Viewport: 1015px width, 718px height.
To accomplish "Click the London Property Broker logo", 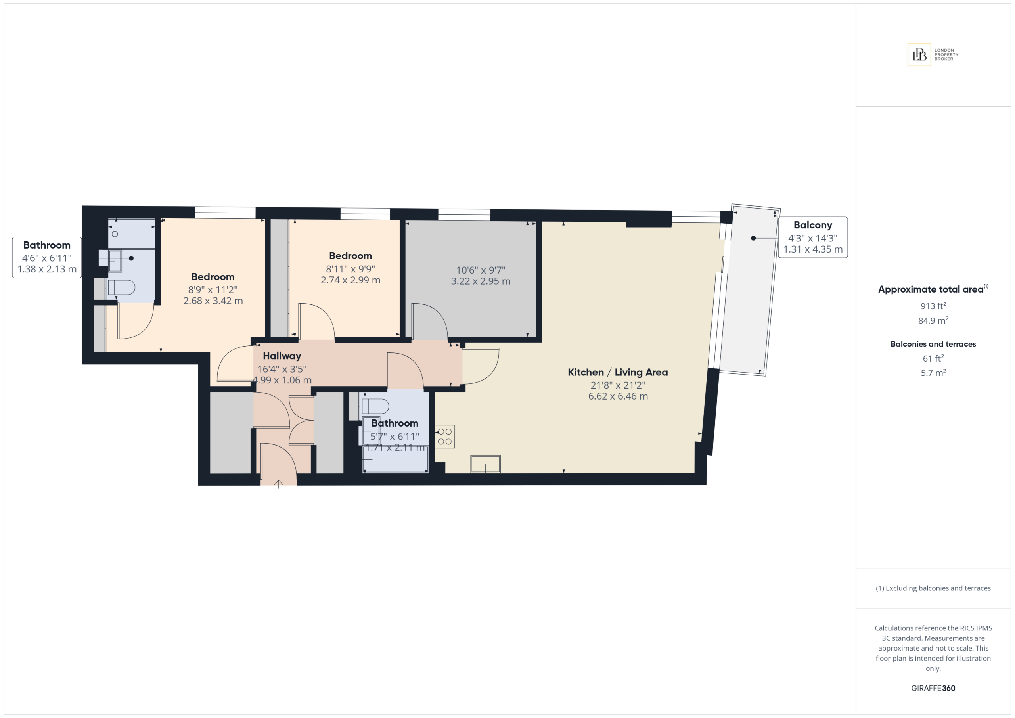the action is pos(933,55).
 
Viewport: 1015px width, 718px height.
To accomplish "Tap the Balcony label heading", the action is pos(812,225).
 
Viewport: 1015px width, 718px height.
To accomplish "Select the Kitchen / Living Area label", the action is pos(618,372).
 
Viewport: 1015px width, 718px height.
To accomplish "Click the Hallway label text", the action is pos(282,356).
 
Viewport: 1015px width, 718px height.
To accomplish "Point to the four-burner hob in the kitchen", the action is pos(445,437).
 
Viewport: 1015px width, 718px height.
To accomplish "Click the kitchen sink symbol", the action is pos(485,464).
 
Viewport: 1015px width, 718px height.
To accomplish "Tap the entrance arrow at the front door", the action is pos(278,484).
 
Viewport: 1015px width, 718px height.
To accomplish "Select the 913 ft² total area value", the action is pos(933,306).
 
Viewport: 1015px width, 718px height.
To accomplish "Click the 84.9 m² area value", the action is pos(933,320).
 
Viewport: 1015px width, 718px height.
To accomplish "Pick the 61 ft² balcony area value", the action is pos(933,358).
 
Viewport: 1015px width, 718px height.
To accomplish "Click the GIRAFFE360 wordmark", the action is pos(933,688).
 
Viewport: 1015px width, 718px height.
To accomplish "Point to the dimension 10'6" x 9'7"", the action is pos(481,270).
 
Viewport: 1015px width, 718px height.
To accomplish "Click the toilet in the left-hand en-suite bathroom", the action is pos(121,287).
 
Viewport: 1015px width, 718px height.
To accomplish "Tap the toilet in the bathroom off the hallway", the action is pos(375,406).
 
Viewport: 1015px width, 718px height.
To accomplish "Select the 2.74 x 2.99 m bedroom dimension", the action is pos(350,280).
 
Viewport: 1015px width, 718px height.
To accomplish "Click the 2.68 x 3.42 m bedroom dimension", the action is pos(213,301).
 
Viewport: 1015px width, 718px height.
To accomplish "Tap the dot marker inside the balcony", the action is pos(753,238).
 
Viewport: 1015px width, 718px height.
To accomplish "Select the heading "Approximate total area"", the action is pos(931,289).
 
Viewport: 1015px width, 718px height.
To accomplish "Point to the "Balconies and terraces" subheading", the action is pos(933,344).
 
